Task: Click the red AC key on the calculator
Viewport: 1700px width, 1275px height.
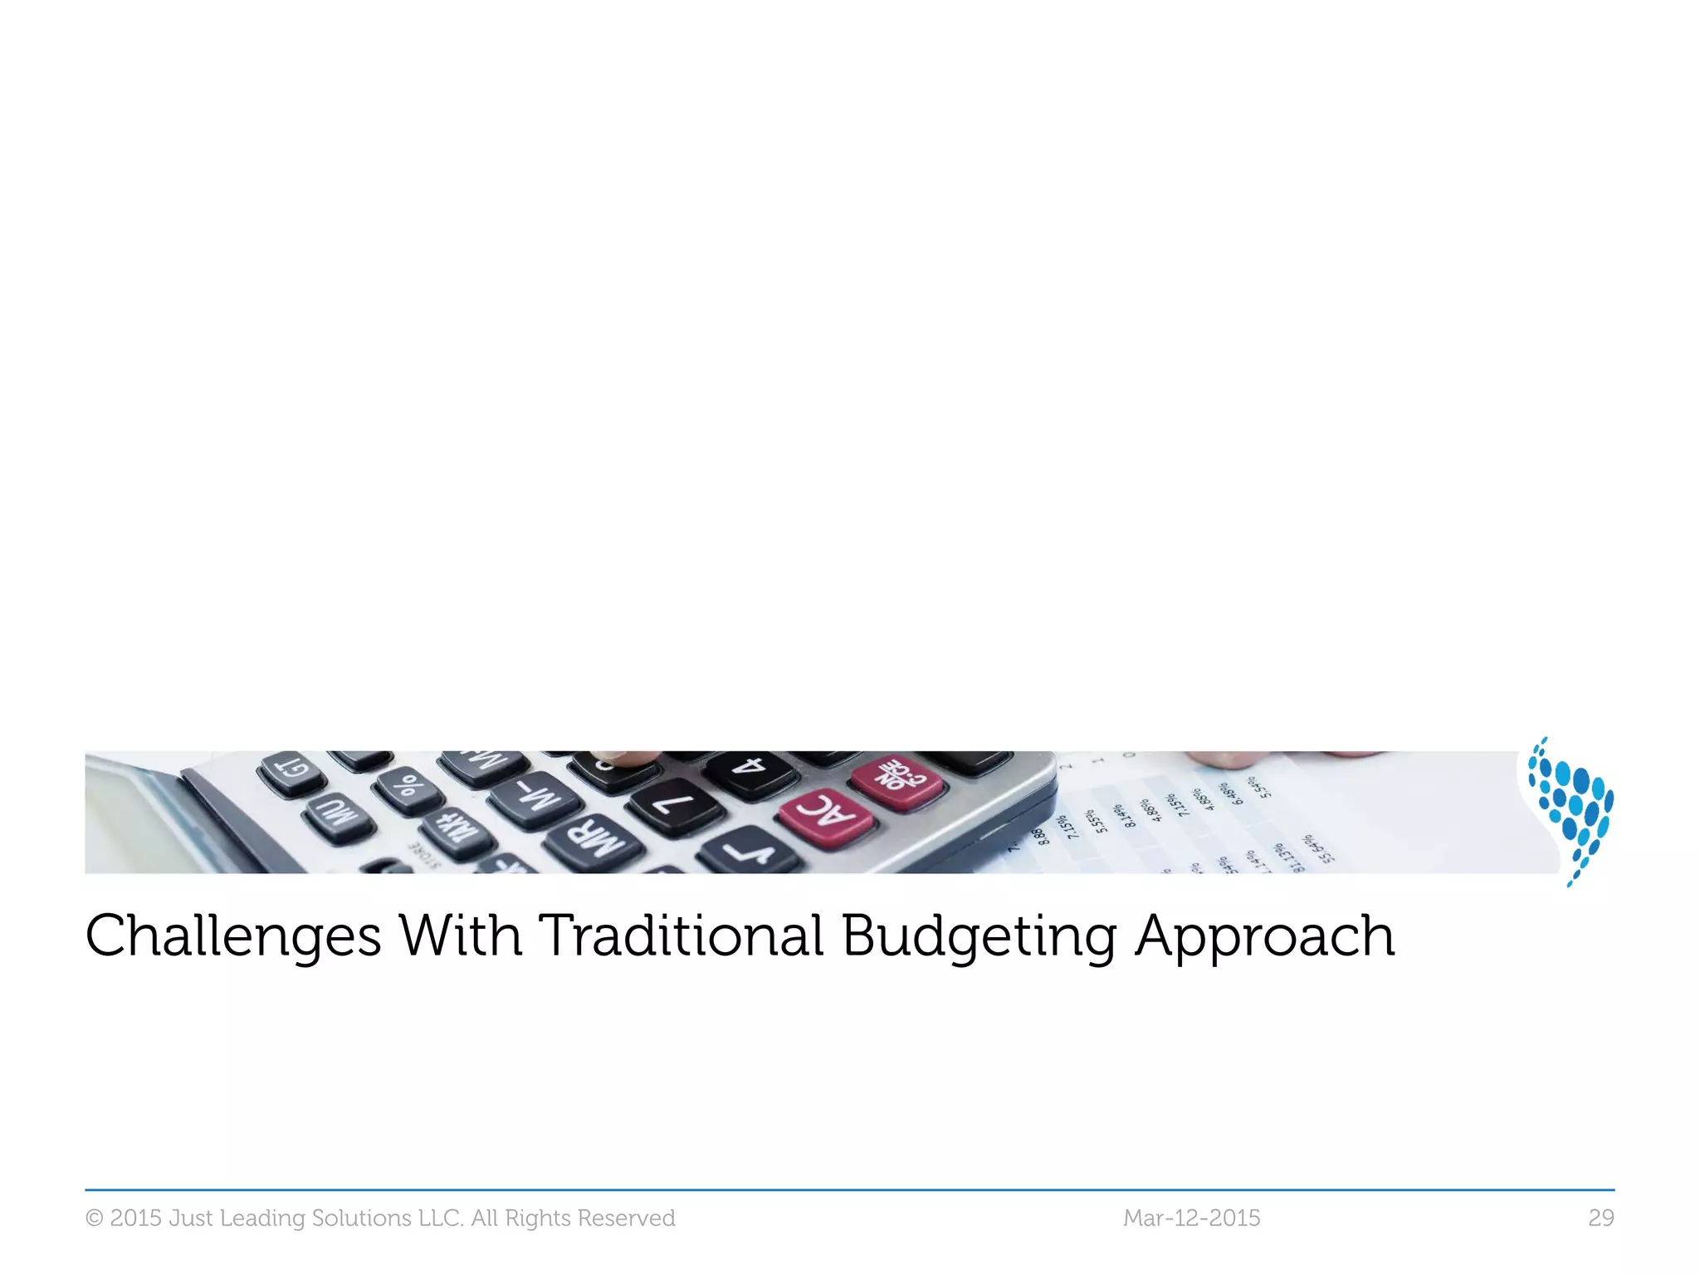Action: (x=825, y=817)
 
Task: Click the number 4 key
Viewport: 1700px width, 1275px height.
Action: (x=751, y=772)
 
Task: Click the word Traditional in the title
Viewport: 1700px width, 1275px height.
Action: (x=681, y=935)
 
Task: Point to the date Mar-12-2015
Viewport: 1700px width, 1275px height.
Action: (x=1191, y=1218)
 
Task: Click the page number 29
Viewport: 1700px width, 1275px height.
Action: (x=1600, y=1218)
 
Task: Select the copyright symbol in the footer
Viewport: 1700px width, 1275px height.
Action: (x=95, y=1219)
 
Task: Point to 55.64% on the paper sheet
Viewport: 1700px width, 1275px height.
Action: (x=1317, y=849)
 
